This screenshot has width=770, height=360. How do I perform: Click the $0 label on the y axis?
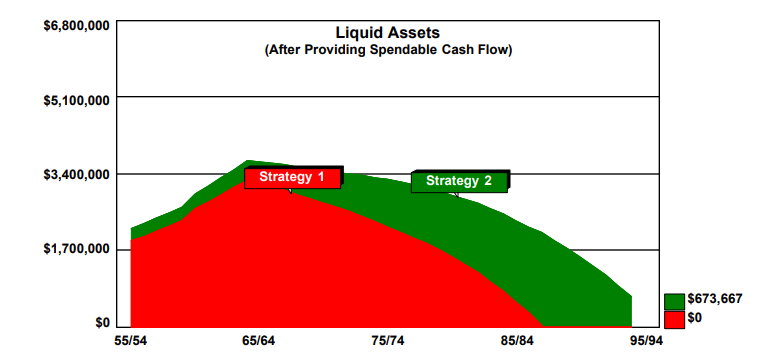coord(101,323)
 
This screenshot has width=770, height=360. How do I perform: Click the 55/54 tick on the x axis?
coord(131,342)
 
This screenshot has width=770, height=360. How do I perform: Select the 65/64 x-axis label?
coord(259,342)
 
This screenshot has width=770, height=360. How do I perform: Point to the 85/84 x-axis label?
coord(517,342)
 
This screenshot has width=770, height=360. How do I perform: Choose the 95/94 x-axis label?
coord(645,342)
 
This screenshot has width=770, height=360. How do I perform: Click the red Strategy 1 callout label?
coord(292,177)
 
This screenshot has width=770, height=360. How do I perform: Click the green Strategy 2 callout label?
coord(459,181)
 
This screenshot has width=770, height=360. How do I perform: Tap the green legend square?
coord(674,301)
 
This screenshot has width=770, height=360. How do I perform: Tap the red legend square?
coord(674,318)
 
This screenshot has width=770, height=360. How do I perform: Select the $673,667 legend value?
coord(715,300)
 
